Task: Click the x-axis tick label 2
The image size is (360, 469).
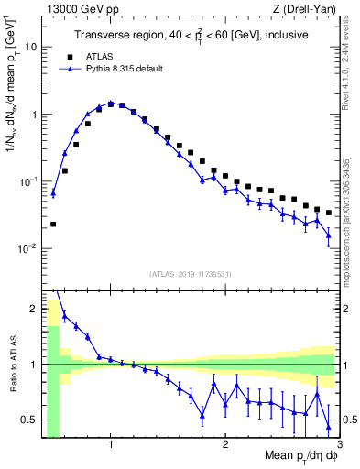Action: pos(225,446)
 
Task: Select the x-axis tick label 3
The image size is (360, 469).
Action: pos(339,446)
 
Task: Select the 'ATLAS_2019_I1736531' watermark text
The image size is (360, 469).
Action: pos(191,273)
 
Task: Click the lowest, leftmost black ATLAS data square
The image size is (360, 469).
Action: pos(53,224)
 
